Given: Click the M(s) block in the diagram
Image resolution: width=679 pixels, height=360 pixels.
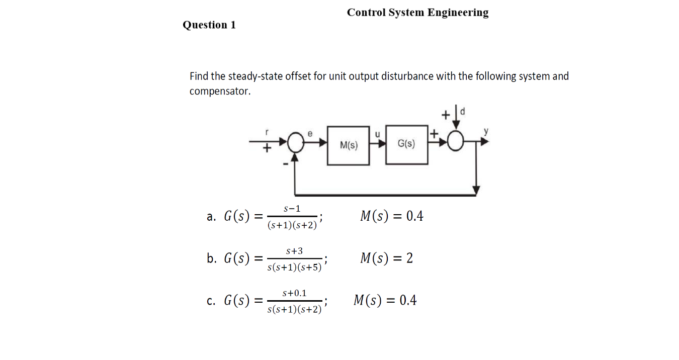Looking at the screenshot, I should (x=348, y=145).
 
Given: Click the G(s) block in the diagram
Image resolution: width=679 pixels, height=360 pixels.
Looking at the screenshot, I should (x=406, y=144).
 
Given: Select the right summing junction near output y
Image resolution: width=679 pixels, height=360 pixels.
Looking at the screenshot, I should (x=456, y=143).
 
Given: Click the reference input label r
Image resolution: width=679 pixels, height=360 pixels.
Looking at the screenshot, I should (x=267, y=132).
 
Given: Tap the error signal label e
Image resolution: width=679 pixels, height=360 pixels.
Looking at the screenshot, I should (x=310, y=134).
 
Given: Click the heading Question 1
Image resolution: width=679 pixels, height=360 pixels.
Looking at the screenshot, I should (x=209, y=25).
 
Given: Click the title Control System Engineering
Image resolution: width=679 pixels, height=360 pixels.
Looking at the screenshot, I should (x=417, y=13).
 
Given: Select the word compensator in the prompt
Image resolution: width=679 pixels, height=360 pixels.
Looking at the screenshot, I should (x=219, y=92).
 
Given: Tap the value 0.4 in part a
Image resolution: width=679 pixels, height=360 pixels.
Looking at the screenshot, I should (x=414, y=216).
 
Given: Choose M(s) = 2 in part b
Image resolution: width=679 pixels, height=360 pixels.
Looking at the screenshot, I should (x=386, y=258).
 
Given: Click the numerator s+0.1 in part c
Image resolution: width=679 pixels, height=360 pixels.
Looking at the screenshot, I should (x=295, y=293).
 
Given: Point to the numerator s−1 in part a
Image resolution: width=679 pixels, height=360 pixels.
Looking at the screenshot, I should (x=292, y=208).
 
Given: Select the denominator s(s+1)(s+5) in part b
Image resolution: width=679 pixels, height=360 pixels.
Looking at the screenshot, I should (x=295, y=267).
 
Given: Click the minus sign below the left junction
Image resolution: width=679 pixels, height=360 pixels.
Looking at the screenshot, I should (x=285, y=163).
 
